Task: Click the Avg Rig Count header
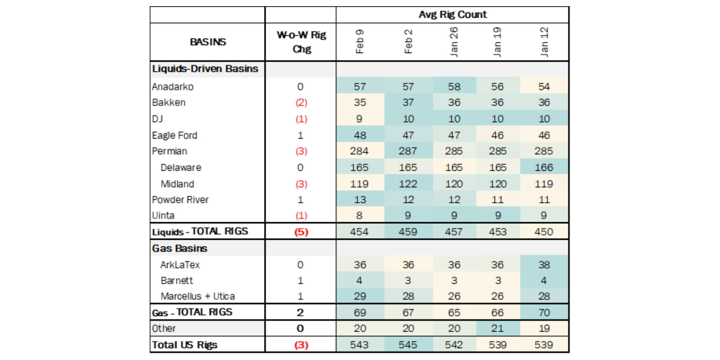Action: click(452, 15)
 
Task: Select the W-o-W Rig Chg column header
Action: click(301, 42)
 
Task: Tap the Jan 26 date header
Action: click(454, 42)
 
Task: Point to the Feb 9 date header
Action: click(360, 42)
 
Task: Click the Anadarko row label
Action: click(173, 87)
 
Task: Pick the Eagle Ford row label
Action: click(174, 135)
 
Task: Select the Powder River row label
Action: click(180, 200)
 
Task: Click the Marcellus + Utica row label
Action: click(197, 296)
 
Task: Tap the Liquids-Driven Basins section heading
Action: click(205, 69)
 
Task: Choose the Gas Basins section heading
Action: click(180, 249)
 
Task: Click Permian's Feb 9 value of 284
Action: click(359, 151)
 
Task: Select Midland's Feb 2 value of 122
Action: click(408, 184)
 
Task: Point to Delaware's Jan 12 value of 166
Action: click(543, 167)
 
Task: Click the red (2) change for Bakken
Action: click(301, 102)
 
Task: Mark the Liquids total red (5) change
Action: click(301, 232)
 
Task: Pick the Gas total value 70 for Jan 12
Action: click(544, 313)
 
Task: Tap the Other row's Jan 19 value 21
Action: click(497, 328)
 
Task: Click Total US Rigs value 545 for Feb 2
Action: click(408, 345)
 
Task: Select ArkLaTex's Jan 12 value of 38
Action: click(544, 265)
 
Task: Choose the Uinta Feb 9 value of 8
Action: click(359, 216)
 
